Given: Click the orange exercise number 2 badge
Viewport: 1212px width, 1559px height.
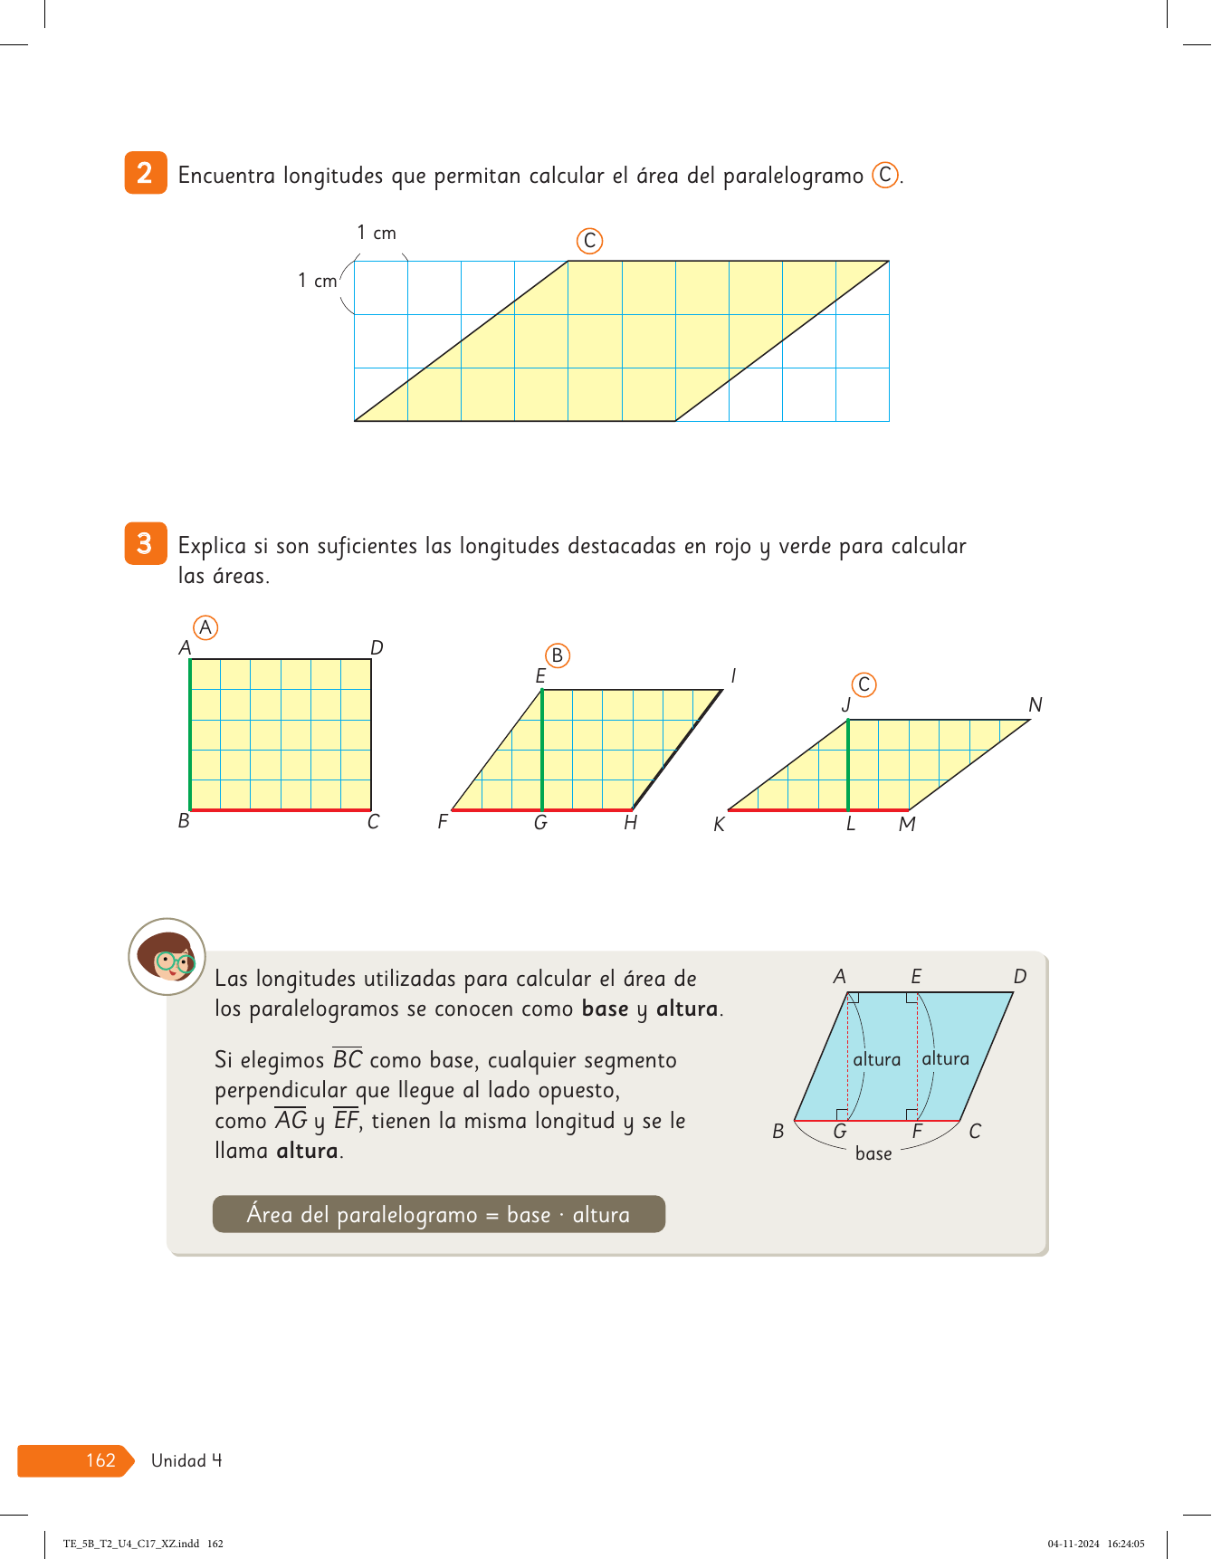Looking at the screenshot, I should pyautogui.click(x=145, y=173).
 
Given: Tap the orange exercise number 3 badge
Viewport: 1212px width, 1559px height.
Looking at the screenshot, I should pyautogui.click(x=145, y=543).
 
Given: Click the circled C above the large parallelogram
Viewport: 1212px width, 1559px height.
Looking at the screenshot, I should pyautogui.click(x=589, y=241).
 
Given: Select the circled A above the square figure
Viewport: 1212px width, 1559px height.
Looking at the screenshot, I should pyautogui.click(x=205, y=627).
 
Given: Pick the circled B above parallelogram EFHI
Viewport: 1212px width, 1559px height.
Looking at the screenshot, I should pyautogui.click(x=558, y=655).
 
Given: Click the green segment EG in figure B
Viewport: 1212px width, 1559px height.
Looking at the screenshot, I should pyautogui.click(x=541, y=750).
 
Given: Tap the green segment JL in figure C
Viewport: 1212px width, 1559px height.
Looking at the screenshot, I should pyautogui.click(x=848, y=765).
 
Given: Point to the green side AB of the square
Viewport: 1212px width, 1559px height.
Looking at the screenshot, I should pyautogui.click(x=190, y=734).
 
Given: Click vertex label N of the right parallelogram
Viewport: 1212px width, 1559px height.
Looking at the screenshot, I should pyautogui.click(x=1035, y=704).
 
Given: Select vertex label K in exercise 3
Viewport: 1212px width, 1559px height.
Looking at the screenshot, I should pyautogui.click(x=719, y=825).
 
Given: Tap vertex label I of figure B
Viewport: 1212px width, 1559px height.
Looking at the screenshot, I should pyautogui.click(x=733, y=675).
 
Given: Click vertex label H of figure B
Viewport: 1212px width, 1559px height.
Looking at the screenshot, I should pyautogui.click(x=630, y=823).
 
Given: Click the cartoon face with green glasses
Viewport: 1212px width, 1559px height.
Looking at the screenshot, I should pyautogui.click(x=167, y=957).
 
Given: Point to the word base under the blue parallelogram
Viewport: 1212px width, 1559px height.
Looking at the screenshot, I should pyautogui.click(x=873, y=1153).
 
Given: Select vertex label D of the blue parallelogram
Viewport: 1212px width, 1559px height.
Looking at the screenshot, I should pyautogui.click(x=1020, y=976).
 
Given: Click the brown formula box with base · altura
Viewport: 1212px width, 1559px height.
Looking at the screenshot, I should pyautogui.click(x=438, y=1214).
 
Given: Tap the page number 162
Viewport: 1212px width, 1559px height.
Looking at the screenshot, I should pyautogui.click(x=100, y=1460).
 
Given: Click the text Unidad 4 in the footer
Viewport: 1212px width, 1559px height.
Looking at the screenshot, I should pyautogui.click(x=186, y=1460).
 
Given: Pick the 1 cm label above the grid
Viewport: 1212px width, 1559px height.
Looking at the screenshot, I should pyautogui.click(x=377, y=233).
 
